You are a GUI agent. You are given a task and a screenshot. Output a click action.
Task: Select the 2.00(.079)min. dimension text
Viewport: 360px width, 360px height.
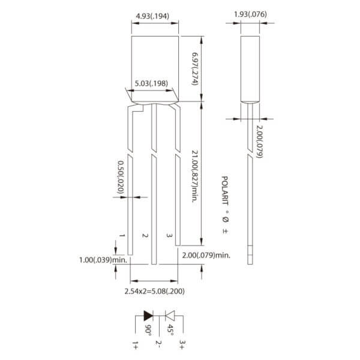(x=206, y=255)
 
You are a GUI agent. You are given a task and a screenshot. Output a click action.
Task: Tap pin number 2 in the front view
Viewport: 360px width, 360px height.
(x=144, y=236)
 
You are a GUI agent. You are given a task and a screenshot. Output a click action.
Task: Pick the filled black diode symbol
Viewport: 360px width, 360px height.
(x=147, y=315)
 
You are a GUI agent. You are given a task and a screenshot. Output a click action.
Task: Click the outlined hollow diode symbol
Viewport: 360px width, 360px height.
(x=169, y=315)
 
